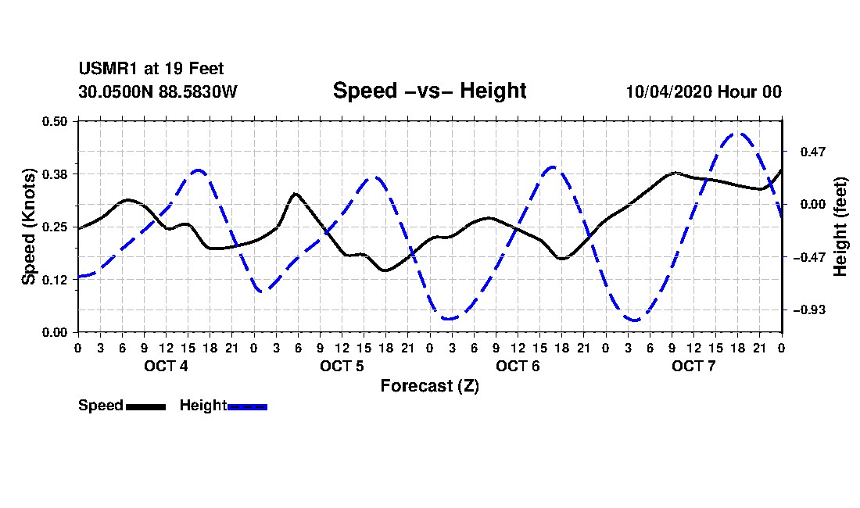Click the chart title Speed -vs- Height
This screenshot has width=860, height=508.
click(x=429, y=91)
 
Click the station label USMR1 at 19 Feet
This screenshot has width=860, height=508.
click(x=152, y=69)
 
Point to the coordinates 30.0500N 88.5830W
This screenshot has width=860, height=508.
click(x=158, y=91)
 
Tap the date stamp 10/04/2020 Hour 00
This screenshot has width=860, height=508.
click(x=704, y=91)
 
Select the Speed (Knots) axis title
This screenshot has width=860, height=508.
click(x=28, y=227)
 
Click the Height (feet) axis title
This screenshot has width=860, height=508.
click(x=840, y=227)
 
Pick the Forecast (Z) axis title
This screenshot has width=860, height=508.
click(x=429, y=386)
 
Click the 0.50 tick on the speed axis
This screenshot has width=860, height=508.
click(x=55, y=121)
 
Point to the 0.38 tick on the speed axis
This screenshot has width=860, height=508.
click(x=55, y=174)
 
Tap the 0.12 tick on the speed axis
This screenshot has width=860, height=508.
click(x=55, y=280)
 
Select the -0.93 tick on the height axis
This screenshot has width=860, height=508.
click(x=809, y=310)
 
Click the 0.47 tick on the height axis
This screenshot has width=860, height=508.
click(x=813, y=152)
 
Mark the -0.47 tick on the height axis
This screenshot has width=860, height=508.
click(x=809, y=257)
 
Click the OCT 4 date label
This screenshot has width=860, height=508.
click(x=166, y=366)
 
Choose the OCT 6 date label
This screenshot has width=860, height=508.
click(x=518, y=366)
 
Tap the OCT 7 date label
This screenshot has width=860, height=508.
click(x=693, y=366)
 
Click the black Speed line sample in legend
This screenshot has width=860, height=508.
click(x=146, y=406)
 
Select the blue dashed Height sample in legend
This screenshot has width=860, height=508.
click(x=247, y=406)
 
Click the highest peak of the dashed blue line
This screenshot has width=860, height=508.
click(x=738, y=133)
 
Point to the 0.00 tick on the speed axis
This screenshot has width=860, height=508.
click(x=55, y=333)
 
